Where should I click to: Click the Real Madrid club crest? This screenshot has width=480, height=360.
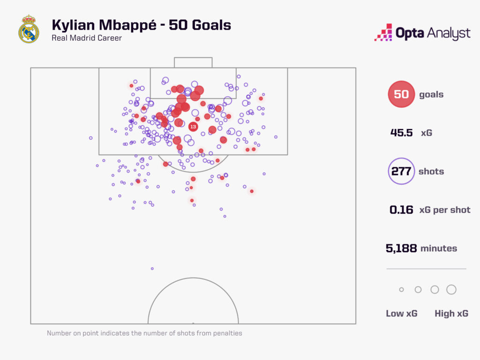click(x=29, y=29)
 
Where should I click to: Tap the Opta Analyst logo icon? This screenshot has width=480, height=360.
click(x=383, y=32)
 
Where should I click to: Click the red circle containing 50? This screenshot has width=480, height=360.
click(x=401, y=94)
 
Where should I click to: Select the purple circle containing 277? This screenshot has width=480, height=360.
click(x=401, y=171)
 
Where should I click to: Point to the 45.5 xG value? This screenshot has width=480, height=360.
click(x=401, y=133)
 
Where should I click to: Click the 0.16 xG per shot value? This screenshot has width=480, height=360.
click(x=401, y=210)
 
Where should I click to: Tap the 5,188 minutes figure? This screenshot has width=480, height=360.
click(x=401, y=248)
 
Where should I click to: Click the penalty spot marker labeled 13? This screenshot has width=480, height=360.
click(x=193, y=127)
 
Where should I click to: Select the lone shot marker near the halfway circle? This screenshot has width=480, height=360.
click(x=152, y=269)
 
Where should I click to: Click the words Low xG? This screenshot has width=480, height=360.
click(x=401, y=314)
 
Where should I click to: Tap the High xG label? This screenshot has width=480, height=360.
click(x=451, y=314)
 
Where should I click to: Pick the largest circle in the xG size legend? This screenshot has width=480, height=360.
click(x=451, y=290)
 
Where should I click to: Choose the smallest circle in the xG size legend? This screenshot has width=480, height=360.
click(x=401, y=290)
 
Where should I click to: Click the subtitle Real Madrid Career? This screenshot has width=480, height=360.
click(x=87, y=38)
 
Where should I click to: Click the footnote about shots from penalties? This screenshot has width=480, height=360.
click(x=144, y=333)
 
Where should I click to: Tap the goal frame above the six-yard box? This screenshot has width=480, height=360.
click(x=193, y=62)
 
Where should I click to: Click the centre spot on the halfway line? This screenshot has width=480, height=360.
click(x=193, y=323)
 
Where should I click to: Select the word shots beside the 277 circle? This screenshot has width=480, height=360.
click(x=431, y=171)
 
